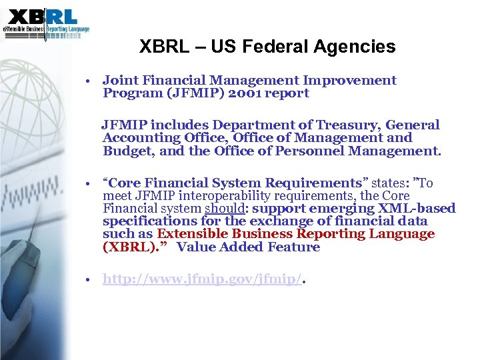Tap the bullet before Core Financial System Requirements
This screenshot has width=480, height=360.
pyautogui.click(x=88, y=183)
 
